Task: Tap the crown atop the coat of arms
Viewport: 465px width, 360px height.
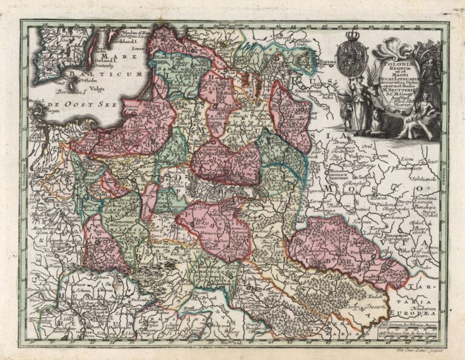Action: pyautogui.click(x=354, y=36)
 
